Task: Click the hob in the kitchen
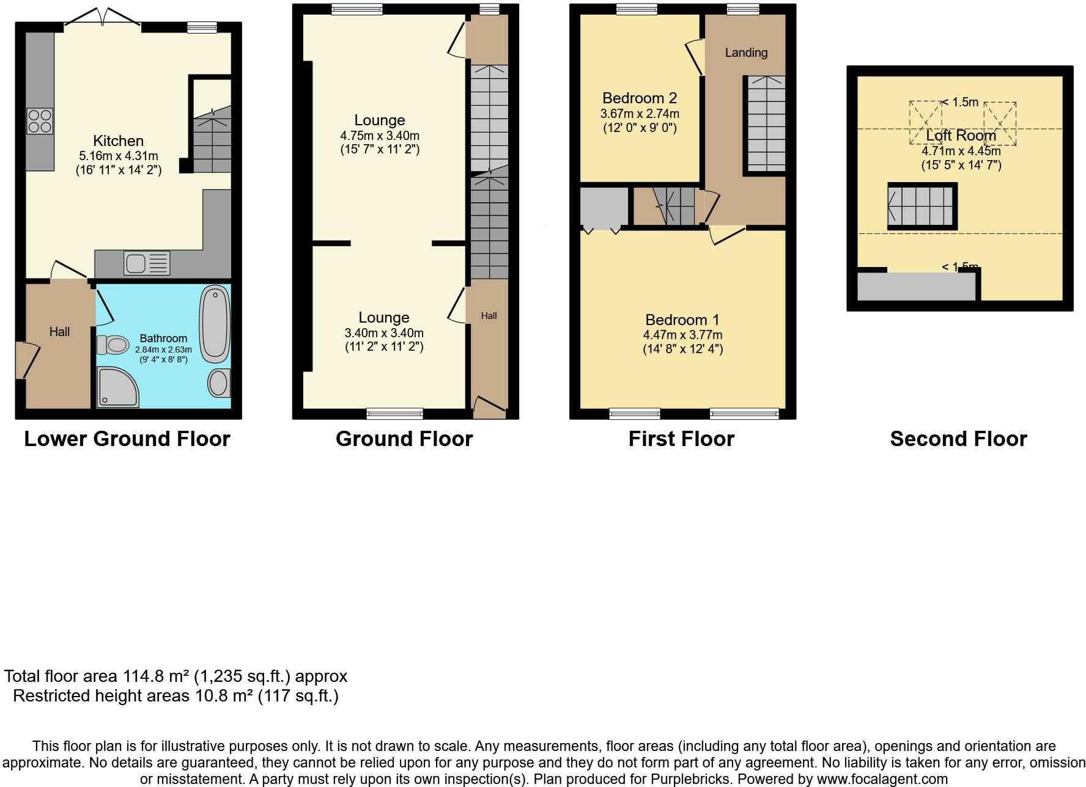tap(40, 120)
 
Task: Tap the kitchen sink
tap(147, 263)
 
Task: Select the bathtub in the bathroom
tap(215, 324)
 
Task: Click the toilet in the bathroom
tap(112, 345)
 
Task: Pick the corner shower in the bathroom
tap(116, 387)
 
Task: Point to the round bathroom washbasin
tap(218, 383)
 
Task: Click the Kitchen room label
tap(118, 141)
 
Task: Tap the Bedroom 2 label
tap(639, 98)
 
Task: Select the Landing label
tap(746, 53)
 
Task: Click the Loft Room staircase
tap(922, 206)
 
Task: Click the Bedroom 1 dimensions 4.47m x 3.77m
tap(682, 335)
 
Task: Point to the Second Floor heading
tap(958, 439)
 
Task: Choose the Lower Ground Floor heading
tap(127, 439)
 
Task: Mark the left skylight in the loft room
tap(925, 122)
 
